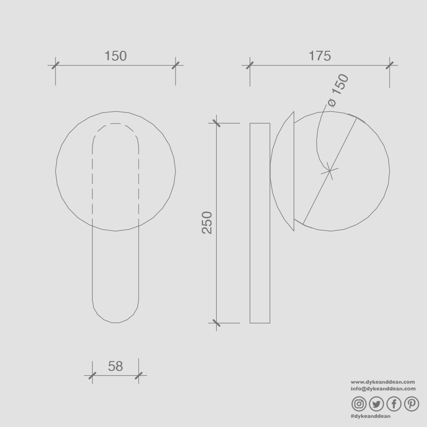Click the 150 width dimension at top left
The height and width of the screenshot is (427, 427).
[115, 56]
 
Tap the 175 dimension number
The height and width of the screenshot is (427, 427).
[320, 56]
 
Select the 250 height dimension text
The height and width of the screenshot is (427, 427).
[207, 223]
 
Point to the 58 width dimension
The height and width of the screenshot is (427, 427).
[115, 366]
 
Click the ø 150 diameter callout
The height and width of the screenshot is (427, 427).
[338, 90]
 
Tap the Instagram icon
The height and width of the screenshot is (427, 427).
[359, 404]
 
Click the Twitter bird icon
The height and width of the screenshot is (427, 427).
[376, 404]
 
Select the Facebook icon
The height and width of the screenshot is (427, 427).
[394, 404]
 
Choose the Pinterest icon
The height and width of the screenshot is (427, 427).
[411, 404]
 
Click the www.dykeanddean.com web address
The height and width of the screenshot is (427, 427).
[383, 382]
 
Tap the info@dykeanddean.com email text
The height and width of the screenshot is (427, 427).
[383, 389]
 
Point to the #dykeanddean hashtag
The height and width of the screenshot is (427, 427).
[371, 416]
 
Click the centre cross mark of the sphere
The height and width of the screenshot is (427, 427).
[330, 171]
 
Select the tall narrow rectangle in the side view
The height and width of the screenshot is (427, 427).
[260, 223]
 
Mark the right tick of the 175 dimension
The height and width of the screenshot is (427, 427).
[390, 65]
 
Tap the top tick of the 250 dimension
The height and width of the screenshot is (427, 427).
[216, 123]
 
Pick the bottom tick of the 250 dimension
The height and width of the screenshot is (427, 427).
[216, 323]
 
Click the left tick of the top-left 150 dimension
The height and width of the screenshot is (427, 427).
[56, 65]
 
